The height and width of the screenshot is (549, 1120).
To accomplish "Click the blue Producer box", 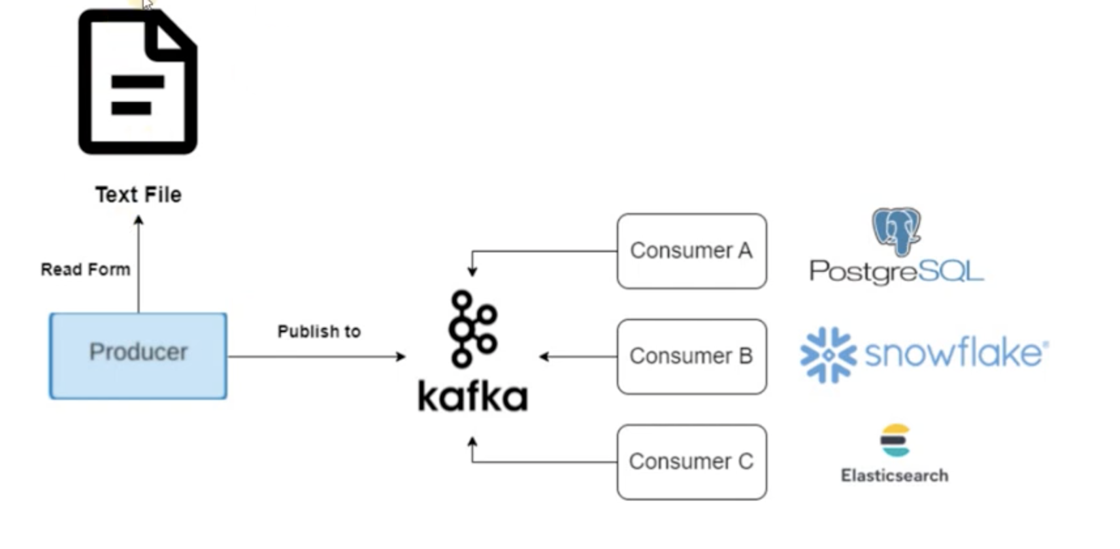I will (x=138, y=356).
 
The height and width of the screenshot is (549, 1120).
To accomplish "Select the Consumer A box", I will (x=691, y=251).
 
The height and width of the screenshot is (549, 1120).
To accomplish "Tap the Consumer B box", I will (x=691, y=356).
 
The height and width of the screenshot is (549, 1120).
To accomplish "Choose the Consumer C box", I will (x=691, y=462).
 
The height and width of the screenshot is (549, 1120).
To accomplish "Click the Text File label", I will (x=138, y=195).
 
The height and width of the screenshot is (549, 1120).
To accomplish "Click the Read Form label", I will (x=85, y=269).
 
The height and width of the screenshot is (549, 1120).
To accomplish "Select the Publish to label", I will (x=319, y=331).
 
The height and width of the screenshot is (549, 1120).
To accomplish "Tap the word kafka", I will (x=472, y=396).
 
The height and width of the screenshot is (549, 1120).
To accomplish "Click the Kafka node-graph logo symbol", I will (x=472, y=329).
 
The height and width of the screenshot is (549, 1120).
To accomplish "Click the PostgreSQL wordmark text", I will (x=896, y=271).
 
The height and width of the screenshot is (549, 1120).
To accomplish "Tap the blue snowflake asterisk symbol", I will (x=828, y=355).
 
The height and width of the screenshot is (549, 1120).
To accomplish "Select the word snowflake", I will (x=955, y=354).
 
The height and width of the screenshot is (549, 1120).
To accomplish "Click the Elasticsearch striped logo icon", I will (x=895, y=441).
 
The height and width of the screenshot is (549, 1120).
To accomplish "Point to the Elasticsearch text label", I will (x=894, y=476).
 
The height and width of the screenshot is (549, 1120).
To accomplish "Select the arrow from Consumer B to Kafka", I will (x=578, y=357).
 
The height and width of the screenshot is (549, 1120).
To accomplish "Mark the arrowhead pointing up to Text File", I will (x=139, y=221).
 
